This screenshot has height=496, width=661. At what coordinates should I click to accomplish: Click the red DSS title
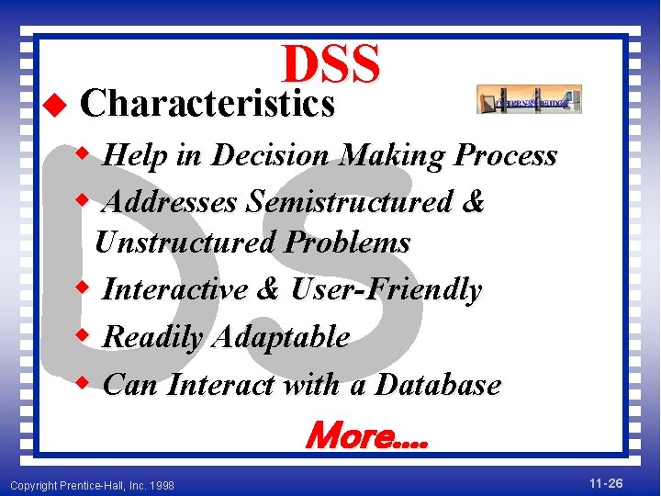tap(330, 64)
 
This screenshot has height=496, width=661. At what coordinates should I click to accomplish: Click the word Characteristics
tap(207, 105)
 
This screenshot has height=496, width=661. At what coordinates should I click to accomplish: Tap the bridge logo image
tap(529, 99)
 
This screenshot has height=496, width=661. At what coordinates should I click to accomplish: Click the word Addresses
tap(171, 201)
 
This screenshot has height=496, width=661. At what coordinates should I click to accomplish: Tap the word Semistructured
tap(350, 201)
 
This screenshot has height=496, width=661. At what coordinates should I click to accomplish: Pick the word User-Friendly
tap(386, 290)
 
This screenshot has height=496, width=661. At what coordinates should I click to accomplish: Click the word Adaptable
tap(279, 337)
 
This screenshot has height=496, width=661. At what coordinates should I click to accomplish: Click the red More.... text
tap(365, 434)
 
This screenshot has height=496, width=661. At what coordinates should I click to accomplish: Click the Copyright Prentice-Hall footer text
tap(92, 484)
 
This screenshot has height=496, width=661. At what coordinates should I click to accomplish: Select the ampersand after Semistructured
tap(474, 201)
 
